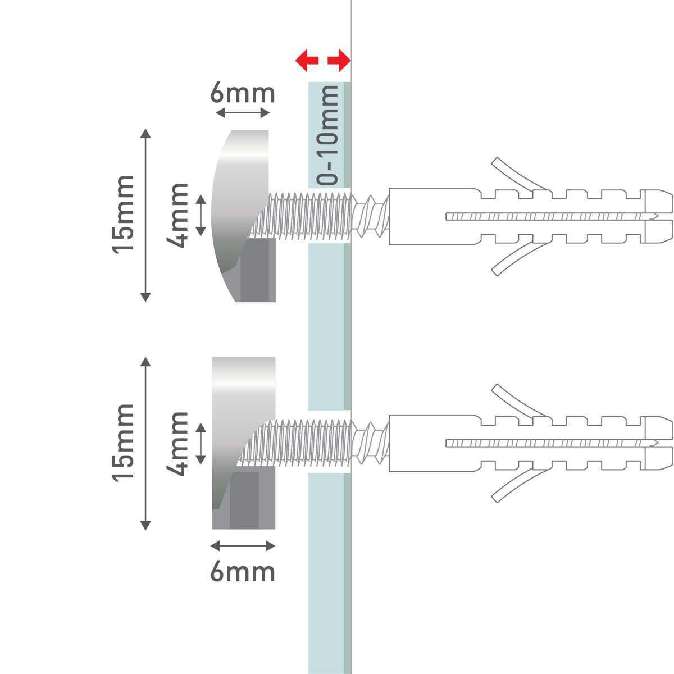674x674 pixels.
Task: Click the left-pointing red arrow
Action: (307, 60)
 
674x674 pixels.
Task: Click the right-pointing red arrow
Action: (339, 60)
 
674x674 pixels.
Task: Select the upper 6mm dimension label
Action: (243, 93)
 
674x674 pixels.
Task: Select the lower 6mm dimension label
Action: (243, 572)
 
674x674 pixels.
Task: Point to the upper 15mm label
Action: (124, 215)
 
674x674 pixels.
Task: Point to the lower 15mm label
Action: (124, 442)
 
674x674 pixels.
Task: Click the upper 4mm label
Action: (178, 215)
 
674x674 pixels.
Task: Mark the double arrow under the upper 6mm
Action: (243, 113)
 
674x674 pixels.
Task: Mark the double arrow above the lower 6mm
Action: (243, 545)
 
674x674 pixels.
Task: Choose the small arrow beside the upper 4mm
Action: (201, 215)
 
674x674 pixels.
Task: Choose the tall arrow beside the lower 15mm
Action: (145, 443)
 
